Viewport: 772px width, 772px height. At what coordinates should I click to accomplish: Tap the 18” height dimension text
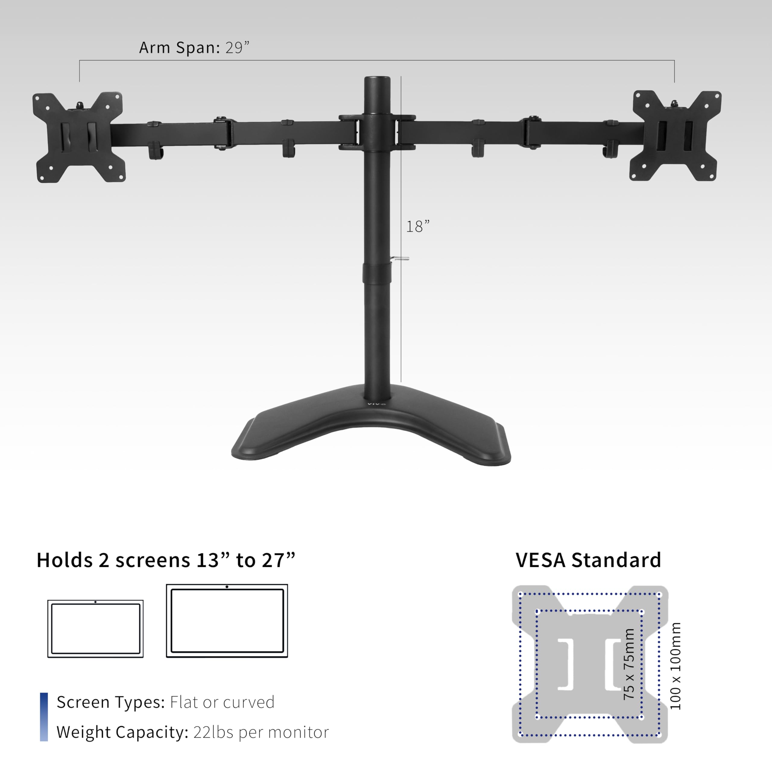pos(418,226)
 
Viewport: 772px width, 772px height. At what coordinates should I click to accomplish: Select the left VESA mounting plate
pos(79,137)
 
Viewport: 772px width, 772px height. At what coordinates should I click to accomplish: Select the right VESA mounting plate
pos(675,136)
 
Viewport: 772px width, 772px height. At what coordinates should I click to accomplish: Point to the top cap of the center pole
pos(377,79)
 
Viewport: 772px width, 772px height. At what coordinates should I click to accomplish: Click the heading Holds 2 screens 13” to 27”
pos(166,560)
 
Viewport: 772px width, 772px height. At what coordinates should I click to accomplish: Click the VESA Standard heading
pos(588,560)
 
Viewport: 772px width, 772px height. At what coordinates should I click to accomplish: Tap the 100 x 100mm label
pos(675,666)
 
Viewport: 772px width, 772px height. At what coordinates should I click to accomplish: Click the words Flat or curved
pos(222,702)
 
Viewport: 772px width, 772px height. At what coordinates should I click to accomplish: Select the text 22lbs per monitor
pos(261,732)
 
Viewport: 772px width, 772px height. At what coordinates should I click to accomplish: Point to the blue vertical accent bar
pos(44,717)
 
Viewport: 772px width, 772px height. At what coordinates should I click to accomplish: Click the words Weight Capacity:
pos(122,732)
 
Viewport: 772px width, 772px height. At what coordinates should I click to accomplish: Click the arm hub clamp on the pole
pos(377,132)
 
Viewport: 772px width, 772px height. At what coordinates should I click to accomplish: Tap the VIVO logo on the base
pos(376,404)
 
